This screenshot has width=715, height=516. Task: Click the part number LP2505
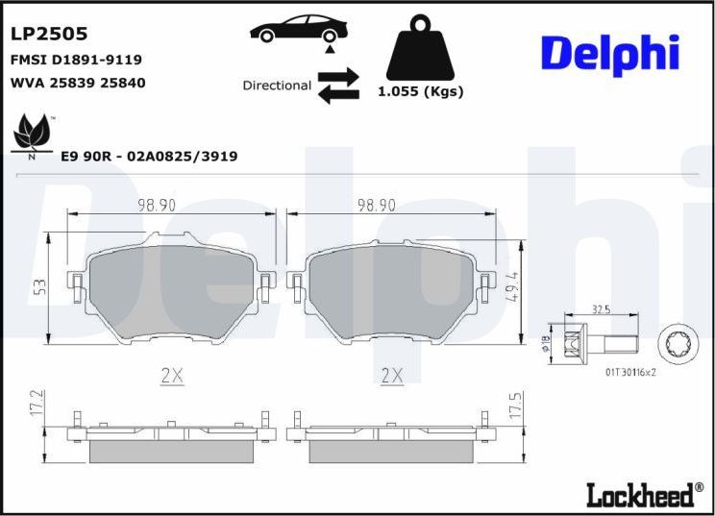[49, 34]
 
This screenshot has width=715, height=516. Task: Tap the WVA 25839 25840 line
[77, 83]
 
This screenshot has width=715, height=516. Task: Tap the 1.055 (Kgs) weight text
[420, 92]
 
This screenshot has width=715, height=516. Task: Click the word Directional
[277, 86]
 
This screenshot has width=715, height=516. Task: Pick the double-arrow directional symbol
[337, 85]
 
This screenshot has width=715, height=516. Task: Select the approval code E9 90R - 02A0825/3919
[149, 156]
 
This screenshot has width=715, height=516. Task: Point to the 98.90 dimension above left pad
[156, 206]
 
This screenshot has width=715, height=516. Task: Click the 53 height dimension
[38, 287]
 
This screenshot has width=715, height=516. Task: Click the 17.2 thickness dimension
[38, 403]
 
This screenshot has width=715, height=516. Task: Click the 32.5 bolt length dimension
[603, 310]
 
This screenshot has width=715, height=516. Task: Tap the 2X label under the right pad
[391, 376]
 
